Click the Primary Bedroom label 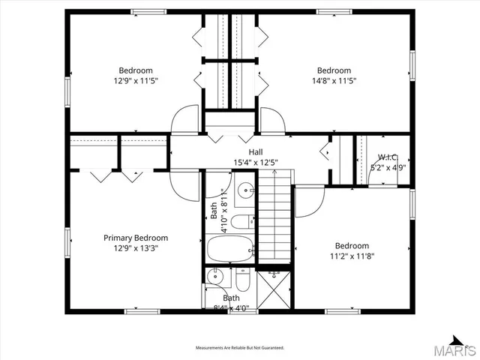[x=136, y=238]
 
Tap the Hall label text [x=234, y=151]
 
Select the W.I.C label [x=388, y=157]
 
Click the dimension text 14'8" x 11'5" [x=334, y=80]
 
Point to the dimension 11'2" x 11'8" [x=352, y=256]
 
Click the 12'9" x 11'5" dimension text [x=136, y=80]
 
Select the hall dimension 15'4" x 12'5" [x=234, y=161]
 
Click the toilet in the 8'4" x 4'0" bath [x=241, y=282]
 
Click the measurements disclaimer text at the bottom [x=240, y=348]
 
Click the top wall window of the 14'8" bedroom [x=334, y=11]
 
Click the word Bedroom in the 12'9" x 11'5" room [x=136, y=70]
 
